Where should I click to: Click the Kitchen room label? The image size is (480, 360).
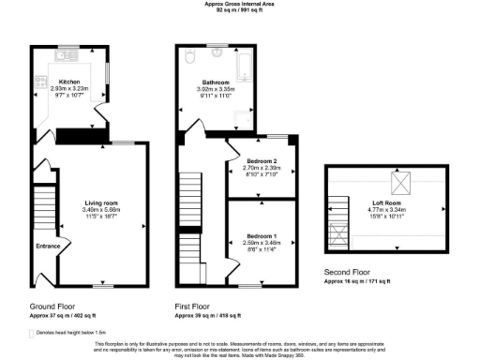coord(68,82)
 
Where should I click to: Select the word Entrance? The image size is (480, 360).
coord(49,247)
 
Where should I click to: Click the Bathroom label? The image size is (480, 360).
coord(217,82)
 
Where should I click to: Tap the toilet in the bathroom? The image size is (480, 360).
coord(190,57)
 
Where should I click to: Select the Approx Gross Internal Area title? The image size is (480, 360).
coord(239,4)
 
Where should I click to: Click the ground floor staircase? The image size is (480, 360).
coord(42,211)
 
